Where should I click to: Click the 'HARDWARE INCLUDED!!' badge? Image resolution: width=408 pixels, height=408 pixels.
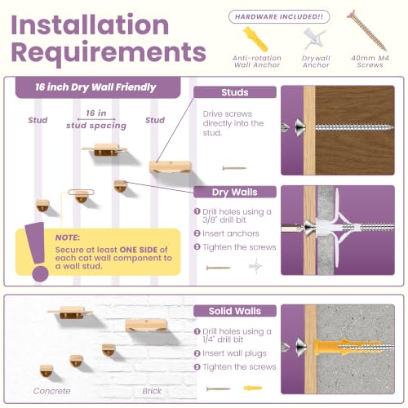(279, 17)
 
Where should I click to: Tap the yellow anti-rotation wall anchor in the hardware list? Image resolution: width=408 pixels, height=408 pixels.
(255, 39)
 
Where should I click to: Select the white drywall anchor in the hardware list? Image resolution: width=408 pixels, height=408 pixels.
(314, 39)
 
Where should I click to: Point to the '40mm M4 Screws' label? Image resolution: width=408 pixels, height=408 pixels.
(370, 61)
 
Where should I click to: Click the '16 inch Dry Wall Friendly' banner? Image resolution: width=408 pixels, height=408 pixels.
(98, 87)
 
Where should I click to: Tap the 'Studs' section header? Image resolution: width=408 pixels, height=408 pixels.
(235, 92)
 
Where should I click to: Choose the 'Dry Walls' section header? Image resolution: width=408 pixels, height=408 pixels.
(235, 193)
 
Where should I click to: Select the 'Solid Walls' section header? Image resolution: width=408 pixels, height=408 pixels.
(235, 311)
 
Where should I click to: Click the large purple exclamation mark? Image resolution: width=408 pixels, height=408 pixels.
(37, 251)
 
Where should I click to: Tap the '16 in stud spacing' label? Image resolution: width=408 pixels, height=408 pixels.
(96, 119)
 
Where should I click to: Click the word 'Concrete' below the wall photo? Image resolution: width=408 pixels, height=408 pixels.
(52, 391)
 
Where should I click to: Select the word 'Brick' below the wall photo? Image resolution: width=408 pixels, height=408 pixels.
(152, 391)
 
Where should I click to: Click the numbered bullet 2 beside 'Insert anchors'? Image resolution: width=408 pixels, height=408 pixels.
(197, 233)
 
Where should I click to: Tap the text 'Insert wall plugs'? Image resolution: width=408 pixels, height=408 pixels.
(234, 353)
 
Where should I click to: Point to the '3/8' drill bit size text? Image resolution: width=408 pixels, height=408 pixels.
(208, 220)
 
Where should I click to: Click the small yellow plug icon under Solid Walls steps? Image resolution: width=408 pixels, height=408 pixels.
(253, 388)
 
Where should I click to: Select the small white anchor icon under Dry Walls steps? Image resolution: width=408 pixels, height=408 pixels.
(255, 266)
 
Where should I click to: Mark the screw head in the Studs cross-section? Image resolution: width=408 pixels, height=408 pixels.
(300, 127)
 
